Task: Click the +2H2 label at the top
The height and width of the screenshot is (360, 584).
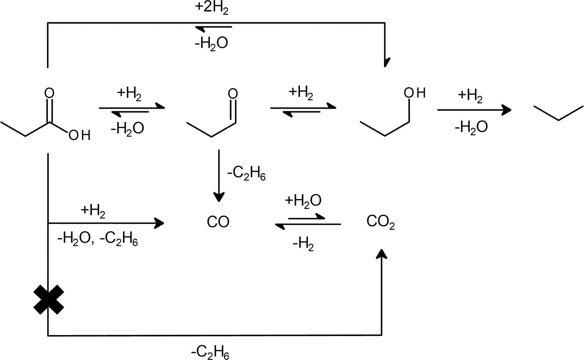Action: pyautogui.click(x=211, y=7)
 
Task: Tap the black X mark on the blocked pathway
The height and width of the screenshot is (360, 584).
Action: pyautogui.click(x=48, y=299)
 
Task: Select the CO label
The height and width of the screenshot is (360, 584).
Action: pyautogui.click(x=218, y=222)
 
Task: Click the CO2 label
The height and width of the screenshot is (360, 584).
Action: pyautogui.click(x=381, y=222)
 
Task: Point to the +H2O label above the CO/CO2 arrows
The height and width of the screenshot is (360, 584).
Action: pyautogui.click(x=303, y=201)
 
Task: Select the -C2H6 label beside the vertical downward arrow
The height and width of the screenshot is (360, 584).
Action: pyautogui.click(x=246, y=174)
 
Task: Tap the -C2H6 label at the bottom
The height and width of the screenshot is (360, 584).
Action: pyautogui.click(x=210, y=352)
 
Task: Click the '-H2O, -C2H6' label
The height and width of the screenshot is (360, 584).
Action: pyautogui.click(x=98, y=239)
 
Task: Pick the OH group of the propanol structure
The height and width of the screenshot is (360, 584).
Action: pyautogui.click(x=415, y=93)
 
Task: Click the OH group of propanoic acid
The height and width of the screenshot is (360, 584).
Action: pyautogui.click(x=79, y=135)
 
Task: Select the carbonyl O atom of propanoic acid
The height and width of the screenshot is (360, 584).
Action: pyautogui.click(x=49, y=93)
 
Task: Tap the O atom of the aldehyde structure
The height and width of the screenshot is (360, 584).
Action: pyautogui.click(x=233, y=93)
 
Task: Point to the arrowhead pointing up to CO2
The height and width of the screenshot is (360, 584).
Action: pyautogui.click(x=382, y=254)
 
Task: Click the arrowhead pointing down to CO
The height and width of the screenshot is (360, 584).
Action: pyautogui.click(x=219, y=197)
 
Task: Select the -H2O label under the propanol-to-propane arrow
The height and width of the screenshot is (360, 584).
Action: pyautogui.click(x=471, y=127)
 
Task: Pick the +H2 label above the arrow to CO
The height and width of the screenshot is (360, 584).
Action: pyautogui.click(x=93, y=211)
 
